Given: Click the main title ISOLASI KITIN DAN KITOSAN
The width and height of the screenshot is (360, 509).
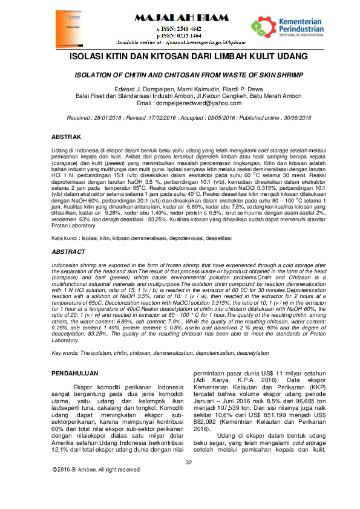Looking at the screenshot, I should [180, 57].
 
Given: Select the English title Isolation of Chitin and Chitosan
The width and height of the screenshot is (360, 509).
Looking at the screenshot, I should [180, 77].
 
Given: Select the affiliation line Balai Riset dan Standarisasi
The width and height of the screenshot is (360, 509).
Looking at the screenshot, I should [180, 96].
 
